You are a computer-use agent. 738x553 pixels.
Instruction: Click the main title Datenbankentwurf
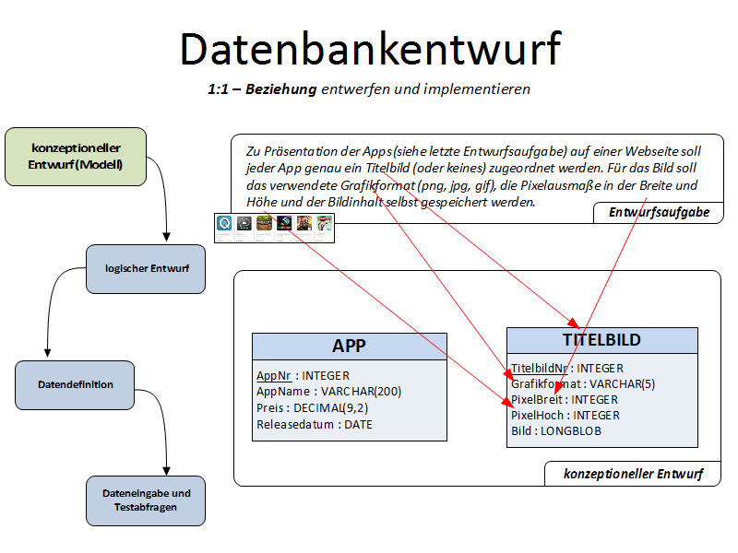pos(370,48)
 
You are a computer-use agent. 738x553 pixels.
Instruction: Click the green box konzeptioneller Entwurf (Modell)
pos(76,156)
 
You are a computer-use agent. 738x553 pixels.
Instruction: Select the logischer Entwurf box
pos(146,269)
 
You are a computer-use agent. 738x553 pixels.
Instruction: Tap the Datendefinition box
pos(76,385)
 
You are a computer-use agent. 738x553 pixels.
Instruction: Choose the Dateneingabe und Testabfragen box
pos(146,500)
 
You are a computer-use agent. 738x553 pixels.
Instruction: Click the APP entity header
pos(349,346)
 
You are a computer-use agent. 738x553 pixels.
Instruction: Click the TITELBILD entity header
pos(601,340)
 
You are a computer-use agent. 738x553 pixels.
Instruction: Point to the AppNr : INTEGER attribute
pos(303,376)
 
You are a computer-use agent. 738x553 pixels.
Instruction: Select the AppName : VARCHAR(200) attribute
pos(328,392)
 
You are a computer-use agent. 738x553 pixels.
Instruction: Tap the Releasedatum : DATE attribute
pos(314,424)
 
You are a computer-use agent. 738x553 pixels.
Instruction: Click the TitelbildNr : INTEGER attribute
pos(567,369)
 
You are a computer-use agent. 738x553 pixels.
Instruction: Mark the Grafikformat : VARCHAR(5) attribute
pos(583,384)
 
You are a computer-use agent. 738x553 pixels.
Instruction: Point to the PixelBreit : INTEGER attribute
pos(565,400)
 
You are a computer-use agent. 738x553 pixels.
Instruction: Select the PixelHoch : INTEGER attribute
pos(565,416)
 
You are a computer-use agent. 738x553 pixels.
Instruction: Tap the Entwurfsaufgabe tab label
pos(659,213)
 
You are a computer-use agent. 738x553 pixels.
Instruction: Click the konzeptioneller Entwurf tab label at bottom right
pos(633,475)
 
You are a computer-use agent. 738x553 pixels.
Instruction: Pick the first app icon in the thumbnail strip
pos(224,223)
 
